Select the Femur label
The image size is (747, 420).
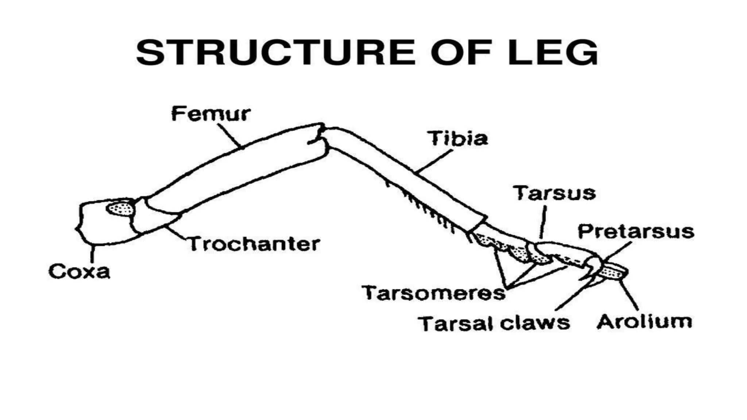point(211,114)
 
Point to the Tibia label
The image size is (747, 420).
point(458,139)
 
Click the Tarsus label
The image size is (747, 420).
point(554,193)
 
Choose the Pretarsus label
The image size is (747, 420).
point(636,232)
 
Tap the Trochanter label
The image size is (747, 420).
point(254,244)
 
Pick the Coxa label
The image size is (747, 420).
point(79,272)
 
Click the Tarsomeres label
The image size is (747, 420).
point(433,293)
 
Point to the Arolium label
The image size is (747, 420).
point(644,322)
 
